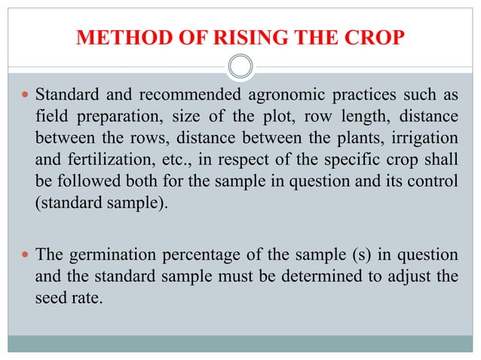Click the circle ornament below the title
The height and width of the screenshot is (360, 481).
[x=240, y=68]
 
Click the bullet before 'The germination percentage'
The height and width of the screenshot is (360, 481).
[x=26, y=255]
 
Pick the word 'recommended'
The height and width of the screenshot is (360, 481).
[x=188, y=96]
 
